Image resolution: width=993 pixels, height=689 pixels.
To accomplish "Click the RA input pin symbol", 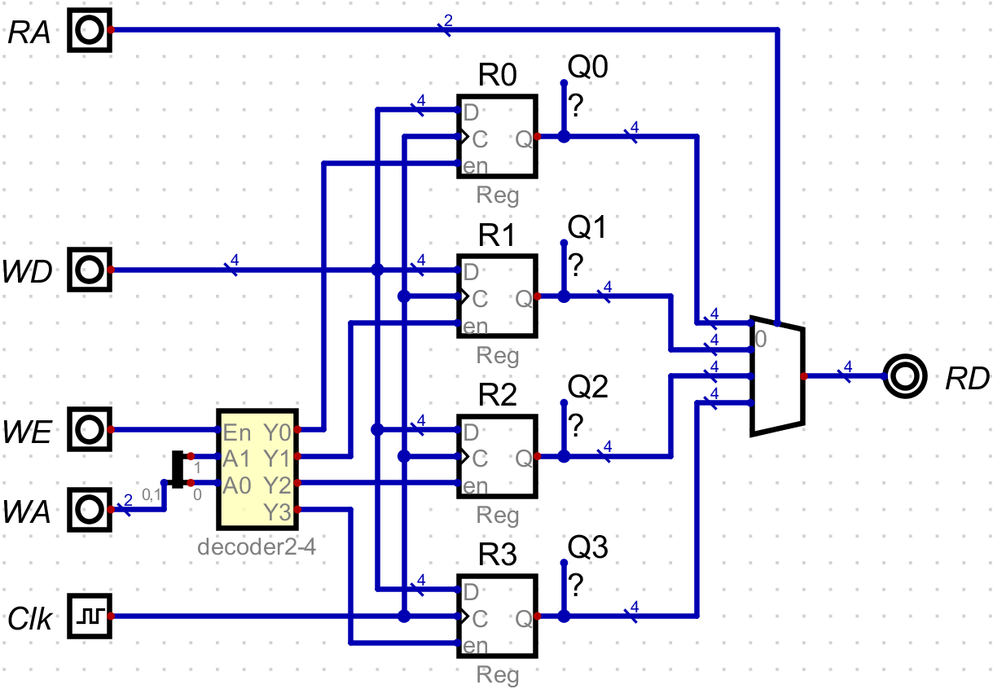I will (89, 30).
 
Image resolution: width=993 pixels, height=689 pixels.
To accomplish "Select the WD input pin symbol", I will (89, 269).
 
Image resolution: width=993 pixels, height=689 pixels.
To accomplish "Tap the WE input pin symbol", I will (89, 429).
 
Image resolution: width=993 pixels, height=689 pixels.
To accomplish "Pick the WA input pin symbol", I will (89, 510).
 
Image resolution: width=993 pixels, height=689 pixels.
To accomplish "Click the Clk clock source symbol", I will (89, 616).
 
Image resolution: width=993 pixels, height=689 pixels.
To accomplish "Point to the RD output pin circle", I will (904, 376).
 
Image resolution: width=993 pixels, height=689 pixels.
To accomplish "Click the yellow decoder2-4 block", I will (256, 469).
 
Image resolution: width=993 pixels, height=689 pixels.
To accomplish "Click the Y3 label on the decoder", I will (277, 511).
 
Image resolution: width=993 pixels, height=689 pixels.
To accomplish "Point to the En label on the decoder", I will (236, 431).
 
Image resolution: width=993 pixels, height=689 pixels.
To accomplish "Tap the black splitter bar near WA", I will (178, 470).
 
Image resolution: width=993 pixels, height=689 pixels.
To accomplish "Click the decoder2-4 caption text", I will (256, 546).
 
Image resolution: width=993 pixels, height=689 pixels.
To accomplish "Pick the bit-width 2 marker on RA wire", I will (447, 20).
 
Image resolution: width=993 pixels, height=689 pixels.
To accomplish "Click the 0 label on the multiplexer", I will (761, 339).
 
